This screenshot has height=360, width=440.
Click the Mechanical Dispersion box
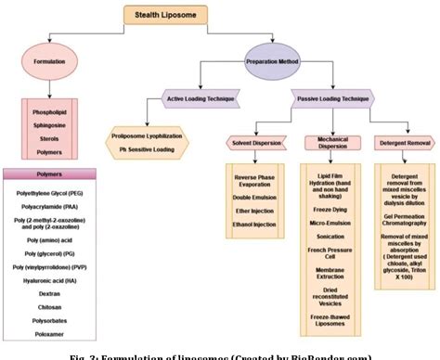[x=331, y=142]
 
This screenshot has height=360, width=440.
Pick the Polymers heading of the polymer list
[x=53, y=172]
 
